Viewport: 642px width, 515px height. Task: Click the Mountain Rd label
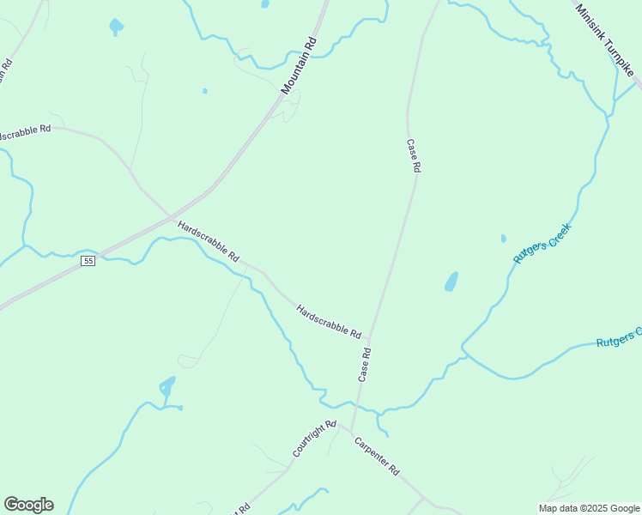[300, 65]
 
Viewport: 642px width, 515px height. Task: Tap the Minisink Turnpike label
[605, 41]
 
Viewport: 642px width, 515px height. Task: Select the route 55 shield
[88, 261]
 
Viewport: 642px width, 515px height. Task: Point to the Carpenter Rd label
[378, 457]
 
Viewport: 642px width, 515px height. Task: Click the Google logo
[28, 505]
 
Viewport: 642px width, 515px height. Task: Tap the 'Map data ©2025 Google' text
[589, 508]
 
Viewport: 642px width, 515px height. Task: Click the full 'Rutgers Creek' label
[542, 243]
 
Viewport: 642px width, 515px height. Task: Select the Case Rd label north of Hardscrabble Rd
[412, 156]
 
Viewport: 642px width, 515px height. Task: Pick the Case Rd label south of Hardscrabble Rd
[365, 364]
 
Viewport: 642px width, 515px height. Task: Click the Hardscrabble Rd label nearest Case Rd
[329, 320]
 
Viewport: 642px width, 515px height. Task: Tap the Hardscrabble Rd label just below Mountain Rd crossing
[208, 240]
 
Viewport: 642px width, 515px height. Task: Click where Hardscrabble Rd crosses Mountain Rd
[171, 215]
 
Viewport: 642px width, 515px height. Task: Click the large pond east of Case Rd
[451, 282]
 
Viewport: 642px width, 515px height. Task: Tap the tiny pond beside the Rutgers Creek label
[503, 239]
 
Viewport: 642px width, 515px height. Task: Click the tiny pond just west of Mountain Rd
[204, 90]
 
